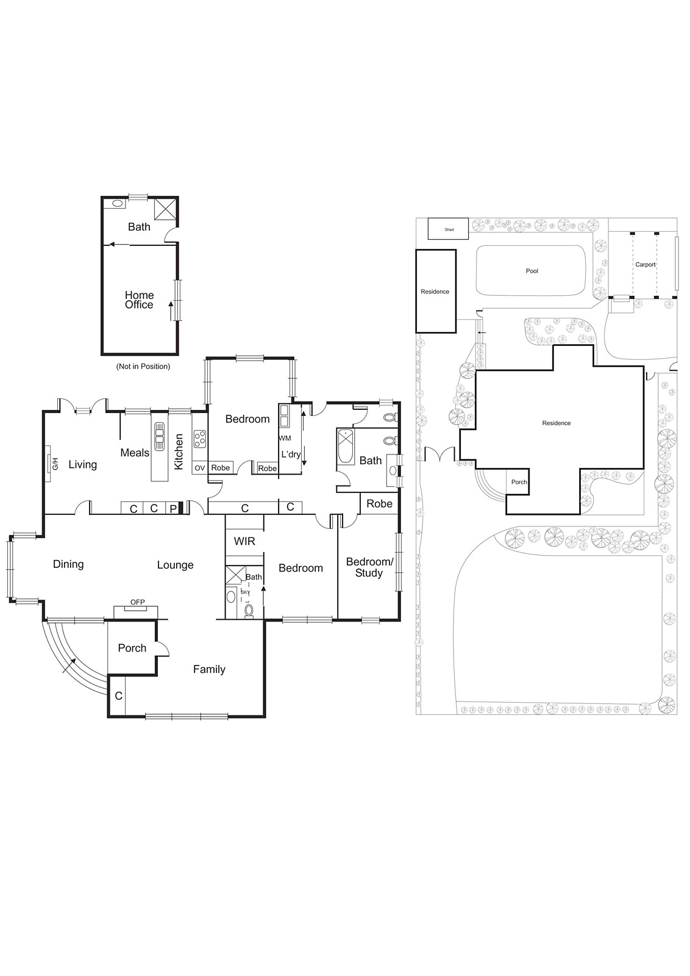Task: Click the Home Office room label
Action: pos(139,300)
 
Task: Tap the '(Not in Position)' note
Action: pos(143,367)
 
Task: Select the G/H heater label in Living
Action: pos(54,464)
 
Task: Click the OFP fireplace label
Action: pos(138,603)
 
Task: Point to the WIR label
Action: pos(244,541)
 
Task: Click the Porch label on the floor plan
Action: pos(132,648)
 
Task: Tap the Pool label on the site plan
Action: pos(532,271)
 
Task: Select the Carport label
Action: pos(646,265)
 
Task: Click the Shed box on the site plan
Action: pos(449,229)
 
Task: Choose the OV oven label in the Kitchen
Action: pos(199,468)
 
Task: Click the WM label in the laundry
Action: pos(285,438)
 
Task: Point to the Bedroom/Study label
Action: pos(369,567)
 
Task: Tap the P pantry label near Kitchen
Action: pos(173,508)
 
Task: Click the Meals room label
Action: pos(135,453)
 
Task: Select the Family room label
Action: pos(209,669)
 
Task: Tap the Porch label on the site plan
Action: pos(519,482)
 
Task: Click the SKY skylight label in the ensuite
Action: pos(245,592)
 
